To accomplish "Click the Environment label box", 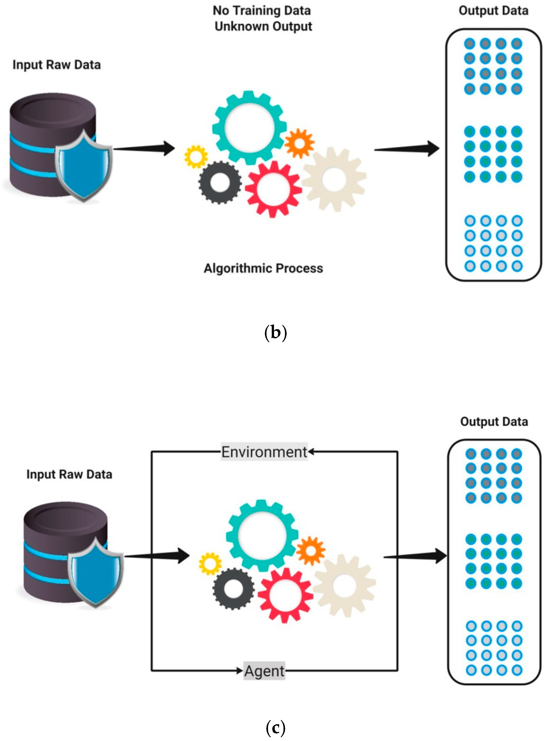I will [x=264, y=452].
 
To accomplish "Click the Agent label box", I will [x=264, y=671].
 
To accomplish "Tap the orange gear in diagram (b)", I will [x=299, y=143].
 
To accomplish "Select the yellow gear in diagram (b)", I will [x=196, y=156].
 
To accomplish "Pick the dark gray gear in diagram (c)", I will [x=233, y=589].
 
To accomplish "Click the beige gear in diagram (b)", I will [x=334, y=179].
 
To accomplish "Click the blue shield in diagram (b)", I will [x=83, y=165].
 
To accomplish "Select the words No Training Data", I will [x=262, y=10].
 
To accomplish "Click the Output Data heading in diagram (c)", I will [x=494, y=422].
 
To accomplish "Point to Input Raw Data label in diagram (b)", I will [x=57, y=65].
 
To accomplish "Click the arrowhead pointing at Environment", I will [x=311, y=452].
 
